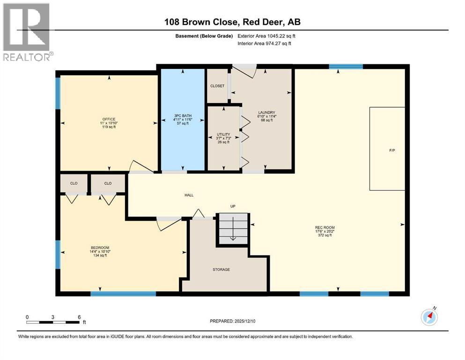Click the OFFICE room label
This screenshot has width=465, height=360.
point(109,119)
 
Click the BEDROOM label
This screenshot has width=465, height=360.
point(100,247)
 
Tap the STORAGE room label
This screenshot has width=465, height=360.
point(221,270)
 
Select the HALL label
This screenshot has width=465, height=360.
point(189,195)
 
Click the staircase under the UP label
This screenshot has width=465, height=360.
point(233,230)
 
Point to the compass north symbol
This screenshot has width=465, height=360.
point(429,317)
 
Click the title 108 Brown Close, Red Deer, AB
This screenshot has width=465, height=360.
point(232,22)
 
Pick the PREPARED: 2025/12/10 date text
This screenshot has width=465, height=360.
point(233,321)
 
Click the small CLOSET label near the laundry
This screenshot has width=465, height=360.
point(217,86)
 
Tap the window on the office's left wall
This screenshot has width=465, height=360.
point(58,93)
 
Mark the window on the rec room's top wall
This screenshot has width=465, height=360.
point(346,67)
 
